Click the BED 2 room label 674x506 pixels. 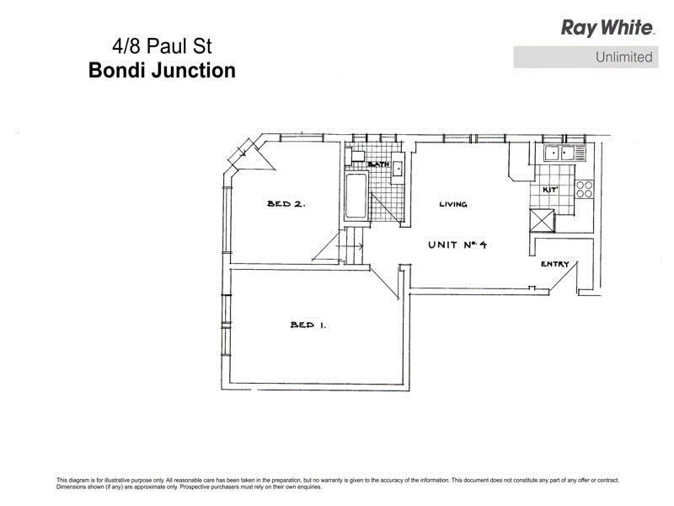[286, 203]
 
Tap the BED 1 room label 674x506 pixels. [308, 325]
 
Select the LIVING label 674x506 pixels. [453, 204]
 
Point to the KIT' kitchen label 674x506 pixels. [550, 189]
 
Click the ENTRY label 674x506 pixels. [554, 264]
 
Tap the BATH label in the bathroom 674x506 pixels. [378, 164]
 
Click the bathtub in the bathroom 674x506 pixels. [356, 196]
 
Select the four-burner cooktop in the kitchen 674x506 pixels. [584, 189]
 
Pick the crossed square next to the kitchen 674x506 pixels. [542, 220]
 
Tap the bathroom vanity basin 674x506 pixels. [398, 168]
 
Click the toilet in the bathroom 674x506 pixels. [356, 155]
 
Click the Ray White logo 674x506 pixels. [607, 28]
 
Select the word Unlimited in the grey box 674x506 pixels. [623, 57]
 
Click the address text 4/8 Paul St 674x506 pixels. [162, 46]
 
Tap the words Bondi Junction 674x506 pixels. [162, 71]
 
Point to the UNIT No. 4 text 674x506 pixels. [457, 245]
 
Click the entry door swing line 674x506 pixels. [563, 278]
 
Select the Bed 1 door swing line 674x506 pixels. [384, 283]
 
